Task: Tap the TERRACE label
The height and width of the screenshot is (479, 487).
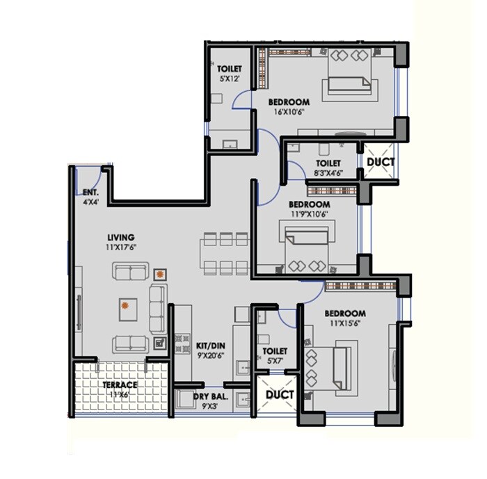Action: [x=120, y=384]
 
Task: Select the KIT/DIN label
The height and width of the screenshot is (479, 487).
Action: [x=210, y=344]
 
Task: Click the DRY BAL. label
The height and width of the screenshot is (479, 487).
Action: [x=211, y=397]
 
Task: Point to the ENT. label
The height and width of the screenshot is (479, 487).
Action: [x=90, y=193]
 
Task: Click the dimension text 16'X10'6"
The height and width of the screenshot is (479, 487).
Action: [x=289, y=111]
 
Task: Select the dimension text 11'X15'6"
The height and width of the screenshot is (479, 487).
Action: [x=345, y=323]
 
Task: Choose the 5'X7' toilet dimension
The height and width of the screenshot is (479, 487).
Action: [x=276, y=362]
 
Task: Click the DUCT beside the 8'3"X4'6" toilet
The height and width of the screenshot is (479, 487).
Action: [x=380, y=162]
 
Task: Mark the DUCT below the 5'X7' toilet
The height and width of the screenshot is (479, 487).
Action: [x=279, y=395]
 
